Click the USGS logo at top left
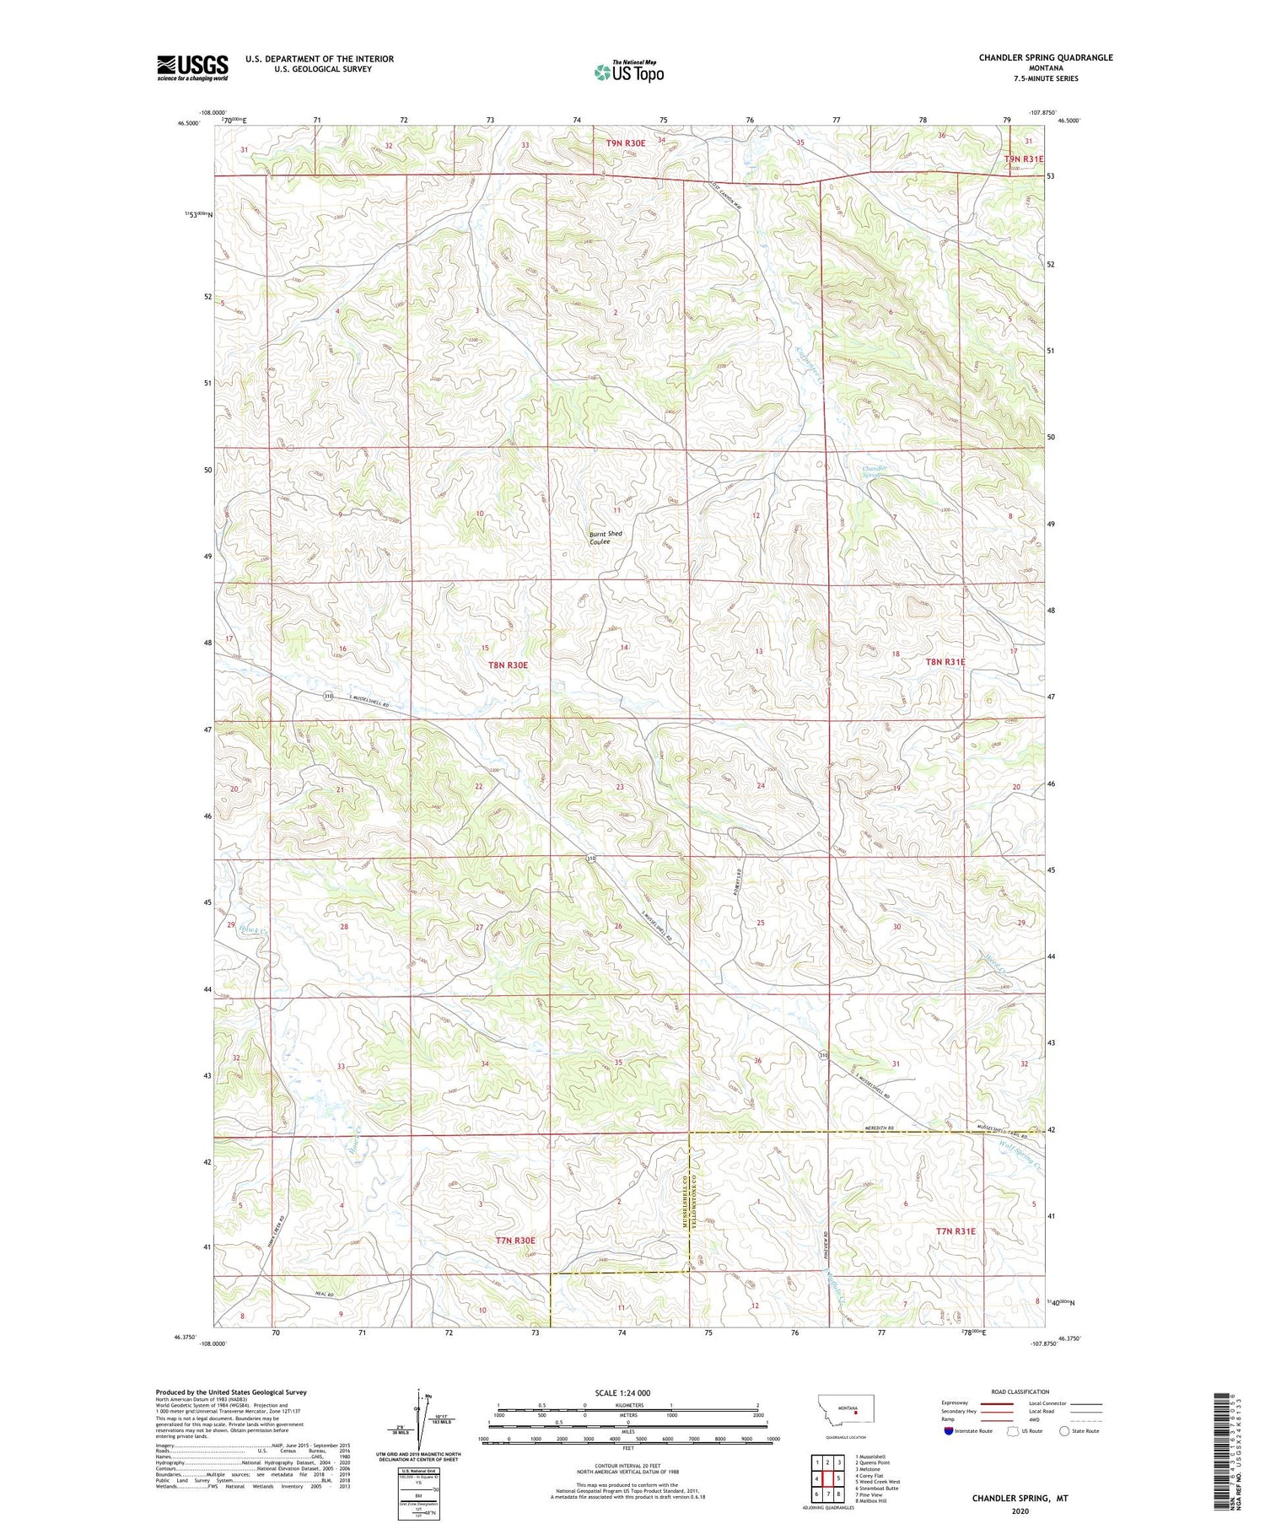pos(192,67)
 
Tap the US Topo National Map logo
pos(628,72)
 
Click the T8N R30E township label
pos(508,665)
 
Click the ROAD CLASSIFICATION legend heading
pos(1020,1392)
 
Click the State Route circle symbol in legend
pos(1064,1431)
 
